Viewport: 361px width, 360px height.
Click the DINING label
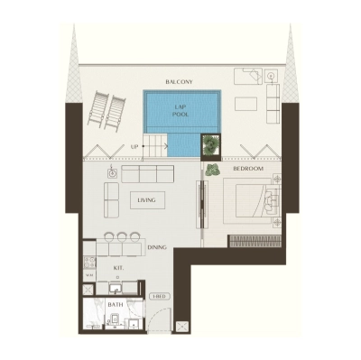pos(157,246)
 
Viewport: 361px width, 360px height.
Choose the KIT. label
pos(118,268)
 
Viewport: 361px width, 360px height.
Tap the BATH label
pos(115,305)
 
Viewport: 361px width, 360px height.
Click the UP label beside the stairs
pos(134,145)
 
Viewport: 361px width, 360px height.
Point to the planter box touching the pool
pos(212,143)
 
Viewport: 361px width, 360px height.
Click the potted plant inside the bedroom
pos(212,169)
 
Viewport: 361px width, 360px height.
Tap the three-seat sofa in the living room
pos(143,173)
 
